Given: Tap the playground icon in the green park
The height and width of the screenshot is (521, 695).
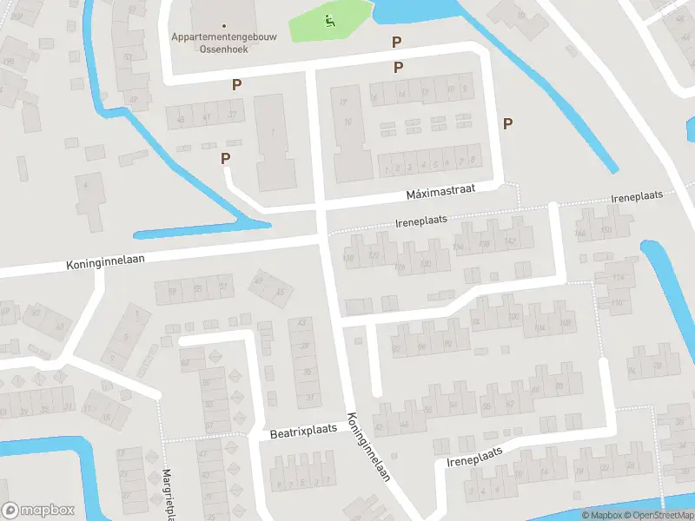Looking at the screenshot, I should (328, 21).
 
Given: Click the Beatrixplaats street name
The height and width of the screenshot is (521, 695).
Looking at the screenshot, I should (303, 432).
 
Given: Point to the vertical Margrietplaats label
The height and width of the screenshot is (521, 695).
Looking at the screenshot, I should (168, 495).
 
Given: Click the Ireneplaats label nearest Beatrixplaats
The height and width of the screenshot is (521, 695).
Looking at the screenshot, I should (474, 453).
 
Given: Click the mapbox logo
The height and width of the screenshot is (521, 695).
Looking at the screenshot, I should (38, 510).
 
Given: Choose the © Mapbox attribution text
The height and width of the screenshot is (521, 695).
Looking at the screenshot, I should (601, 515).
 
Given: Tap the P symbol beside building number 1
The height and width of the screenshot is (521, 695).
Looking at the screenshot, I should (226, 158).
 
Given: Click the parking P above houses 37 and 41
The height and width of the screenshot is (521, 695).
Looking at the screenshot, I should (235, 84).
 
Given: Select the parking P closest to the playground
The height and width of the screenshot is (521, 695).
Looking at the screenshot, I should (397, 41).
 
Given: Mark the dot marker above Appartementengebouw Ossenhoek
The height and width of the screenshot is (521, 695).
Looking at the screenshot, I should (224, 26).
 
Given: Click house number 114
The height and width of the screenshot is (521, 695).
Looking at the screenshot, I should (618, 277).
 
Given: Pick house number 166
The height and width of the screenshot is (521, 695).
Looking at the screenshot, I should (580, 234).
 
